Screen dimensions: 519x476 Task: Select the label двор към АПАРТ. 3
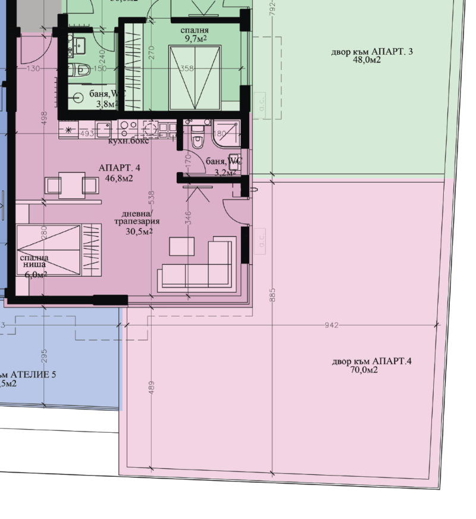(x=372, y=52)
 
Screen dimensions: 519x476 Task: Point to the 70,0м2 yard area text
(x=364, y=370)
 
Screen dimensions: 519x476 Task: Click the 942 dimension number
(x=332, y=325)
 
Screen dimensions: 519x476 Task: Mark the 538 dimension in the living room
(x=151, y=197)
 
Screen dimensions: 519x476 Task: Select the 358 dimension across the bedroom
(x=187, y=68)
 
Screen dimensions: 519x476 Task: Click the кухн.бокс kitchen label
(x=128, y=141)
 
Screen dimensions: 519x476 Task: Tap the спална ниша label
(x=35, y=262)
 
